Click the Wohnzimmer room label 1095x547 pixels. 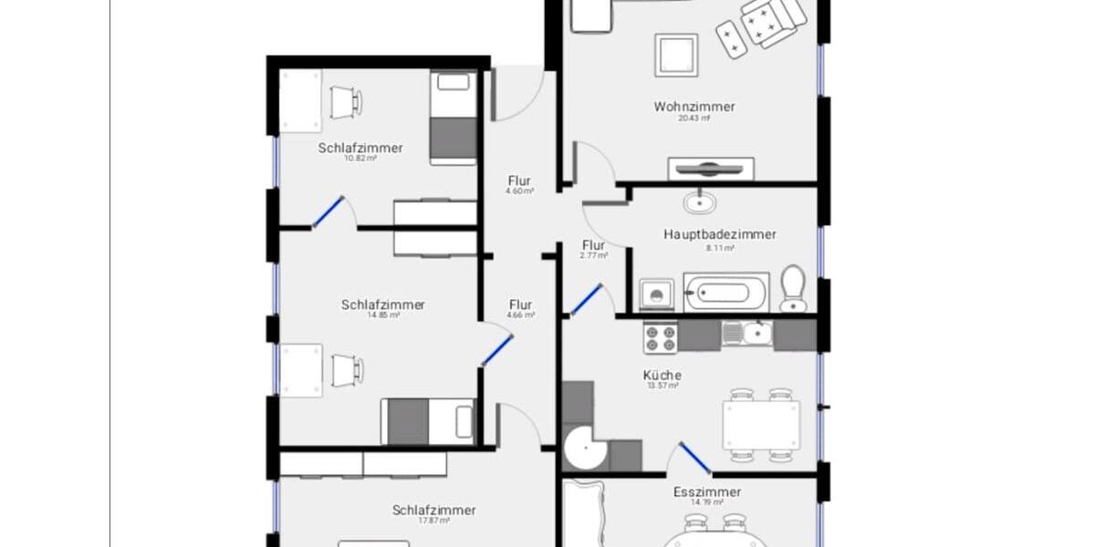tap(693, 107)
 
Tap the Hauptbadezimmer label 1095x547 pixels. tap(719, 234)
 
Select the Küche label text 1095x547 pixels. tap(662, 375)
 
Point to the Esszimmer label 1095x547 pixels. tap(707, 492)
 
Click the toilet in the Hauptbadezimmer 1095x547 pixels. tap(793, 288)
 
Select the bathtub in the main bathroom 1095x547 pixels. tap(726, 293)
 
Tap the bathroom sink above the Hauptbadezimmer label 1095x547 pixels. tap(701, 200)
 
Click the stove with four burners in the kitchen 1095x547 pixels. tap(661, 336)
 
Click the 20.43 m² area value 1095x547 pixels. tap(693, 119)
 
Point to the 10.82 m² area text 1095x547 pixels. tap(360, 159)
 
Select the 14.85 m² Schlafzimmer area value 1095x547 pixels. tap(382, 315)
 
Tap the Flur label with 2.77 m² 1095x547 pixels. tap(593, 245)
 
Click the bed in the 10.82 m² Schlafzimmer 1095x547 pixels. tap(453, 119)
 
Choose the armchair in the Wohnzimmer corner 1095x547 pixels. tap(772, 20)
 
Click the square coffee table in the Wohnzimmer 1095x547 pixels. tap(676, 56)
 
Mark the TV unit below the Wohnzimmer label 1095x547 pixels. tap(712, 169)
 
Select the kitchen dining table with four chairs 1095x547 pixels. tap(761, 425)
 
